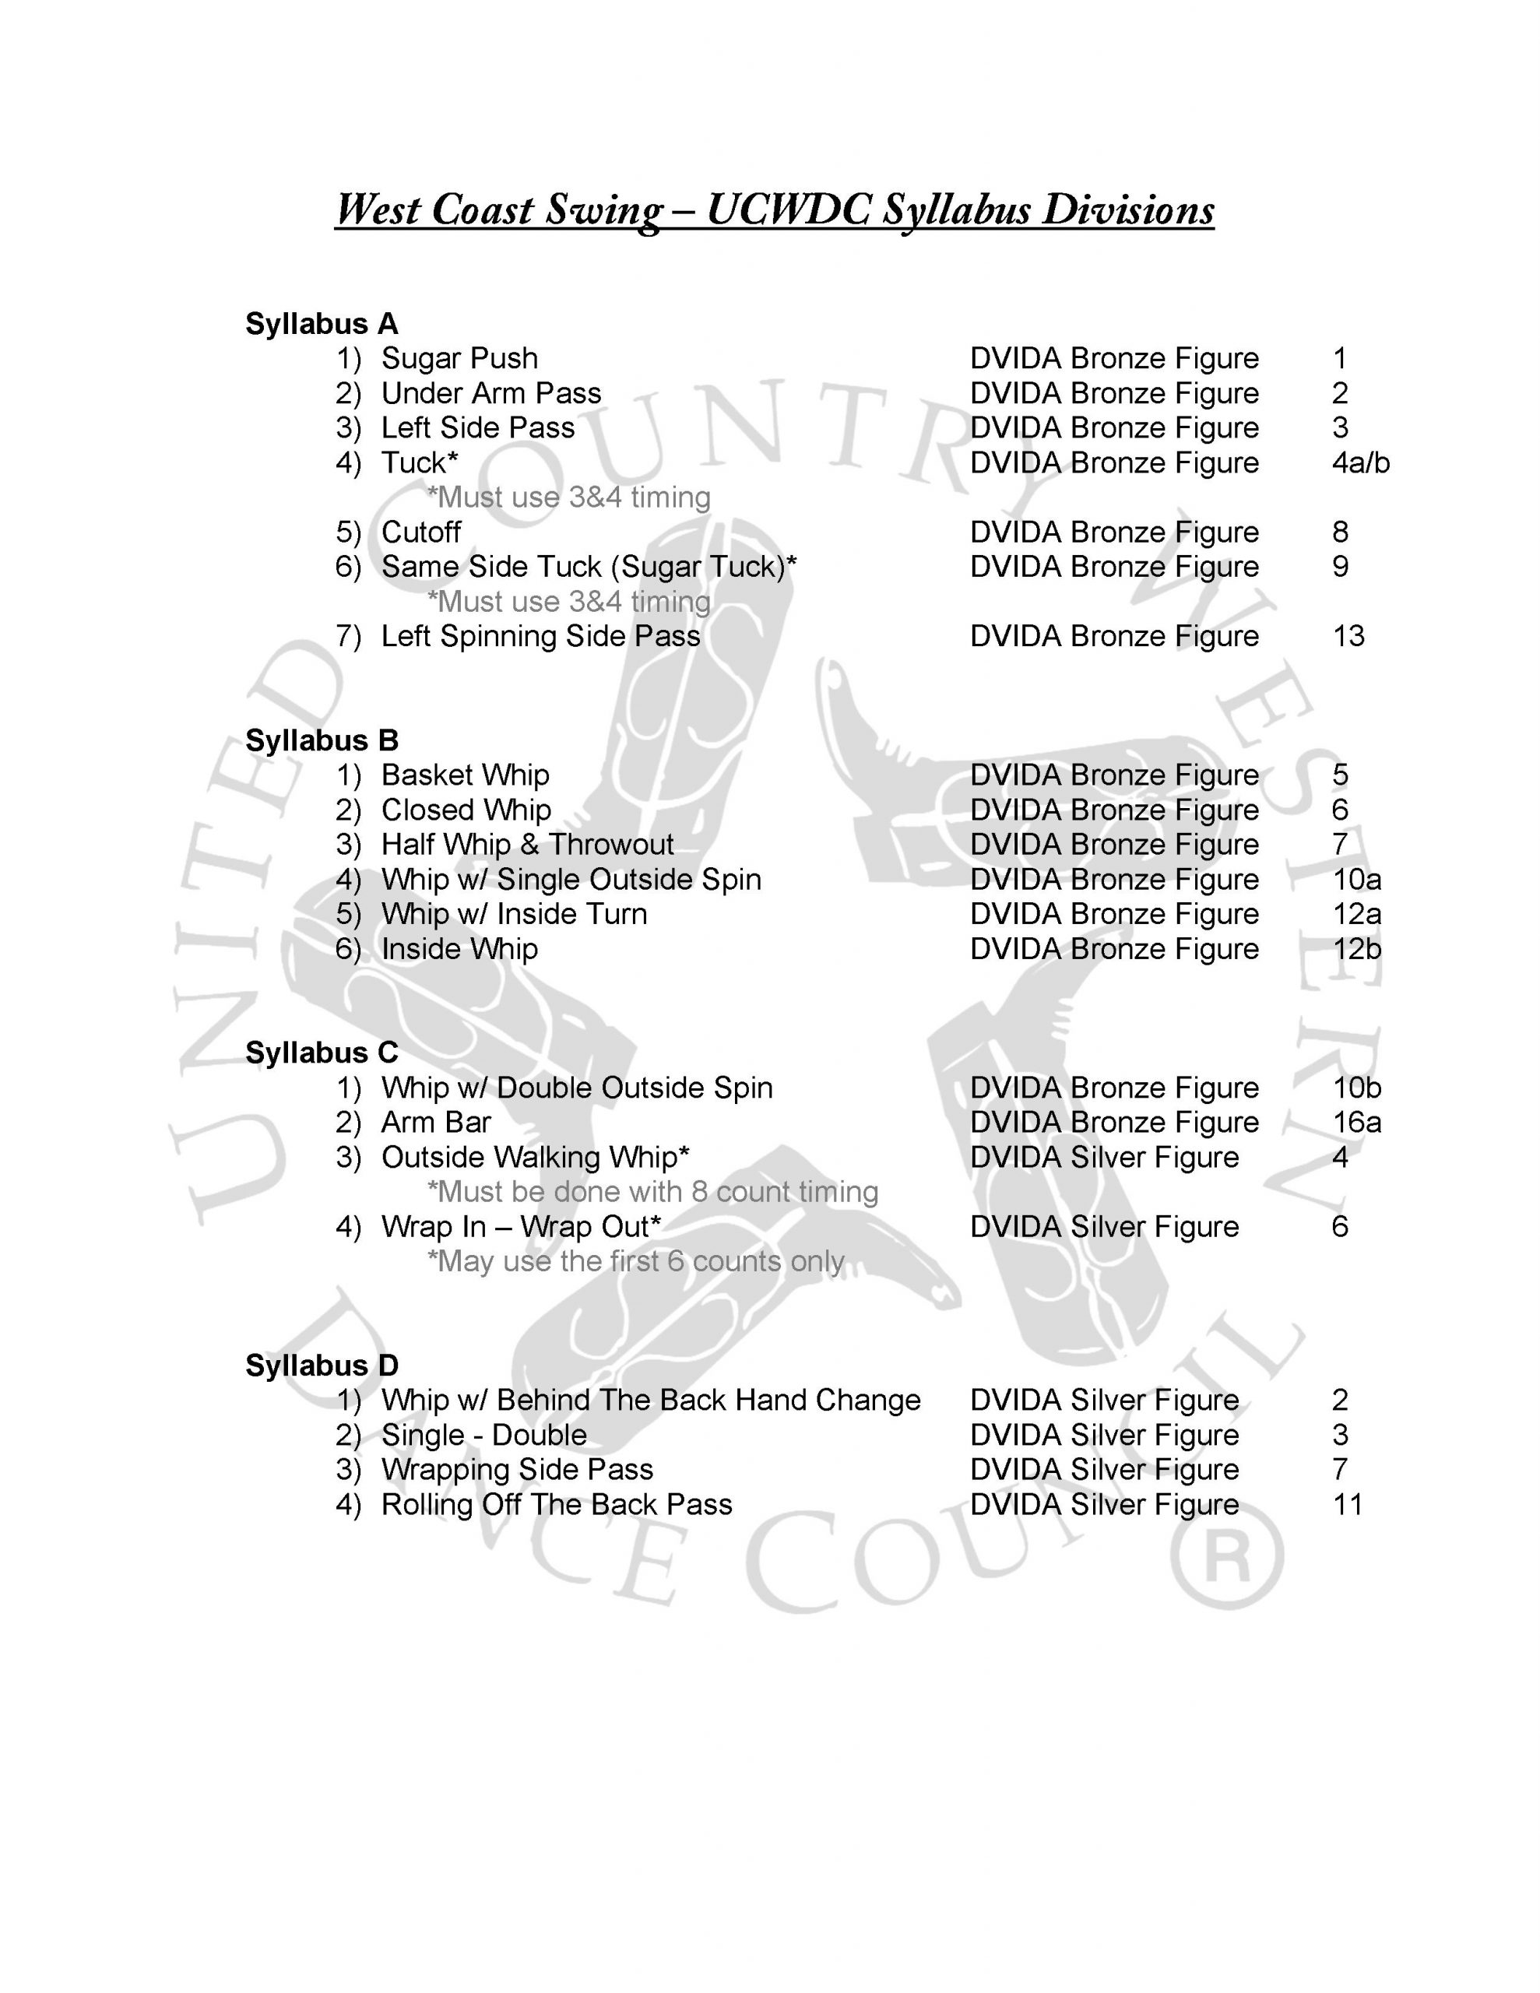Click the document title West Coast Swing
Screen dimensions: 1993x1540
tap(773, 210)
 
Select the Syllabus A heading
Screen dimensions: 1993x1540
tap(322, 324)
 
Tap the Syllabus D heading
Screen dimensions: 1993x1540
tap(322, 1366)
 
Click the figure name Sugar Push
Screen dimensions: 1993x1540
tap(459, 359)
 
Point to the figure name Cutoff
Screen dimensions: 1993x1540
tap(421, 532)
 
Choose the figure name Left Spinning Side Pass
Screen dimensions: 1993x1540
tap(540, 636)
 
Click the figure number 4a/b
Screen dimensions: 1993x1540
tap(1360, 462)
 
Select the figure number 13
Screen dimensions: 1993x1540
tap(1348, 636)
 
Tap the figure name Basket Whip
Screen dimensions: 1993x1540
tap(465, 775)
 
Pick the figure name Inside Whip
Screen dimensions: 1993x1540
tap(459, 949)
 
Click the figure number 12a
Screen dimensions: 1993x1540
tap(1356, 913)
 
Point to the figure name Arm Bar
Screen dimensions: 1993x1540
tap(435, 1123)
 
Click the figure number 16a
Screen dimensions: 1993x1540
tap(1356, 1123)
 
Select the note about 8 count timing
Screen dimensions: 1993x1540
tap(652, 1192)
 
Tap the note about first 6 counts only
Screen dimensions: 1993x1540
tap(635, 1261)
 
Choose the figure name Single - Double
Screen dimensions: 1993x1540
tap(483, 1435)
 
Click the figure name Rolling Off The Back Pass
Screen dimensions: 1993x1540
tap(556, 1504)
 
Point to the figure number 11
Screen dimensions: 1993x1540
tap(1348, 1504)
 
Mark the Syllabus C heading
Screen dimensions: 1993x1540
tap(322, 1053)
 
